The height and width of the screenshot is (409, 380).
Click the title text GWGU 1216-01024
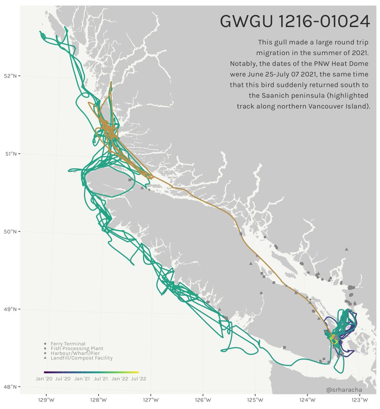[x=295, y=22]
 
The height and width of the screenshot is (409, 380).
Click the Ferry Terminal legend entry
[x=68, y=344]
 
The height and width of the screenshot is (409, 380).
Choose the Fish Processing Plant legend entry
[x=77, y=349]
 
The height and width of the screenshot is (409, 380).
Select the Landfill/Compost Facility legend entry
[x=81, y=358]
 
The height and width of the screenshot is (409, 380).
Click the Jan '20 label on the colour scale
[x=44, y=379]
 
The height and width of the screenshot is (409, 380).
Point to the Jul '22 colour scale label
[x=138, y=379]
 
